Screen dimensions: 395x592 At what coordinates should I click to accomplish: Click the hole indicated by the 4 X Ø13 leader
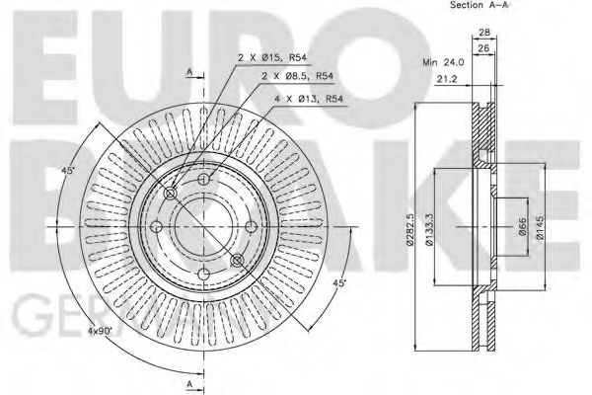(x=237, y=259)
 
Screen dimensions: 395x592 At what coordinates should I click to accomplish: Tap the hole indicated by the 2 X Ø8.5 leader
(x=204, y=180)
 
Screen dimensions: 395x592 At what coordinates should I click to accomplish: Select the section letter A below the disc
(x=188, y=383)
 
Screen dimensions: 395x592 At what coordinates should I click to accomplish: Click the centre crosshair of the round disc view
(x=204, y=227)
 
